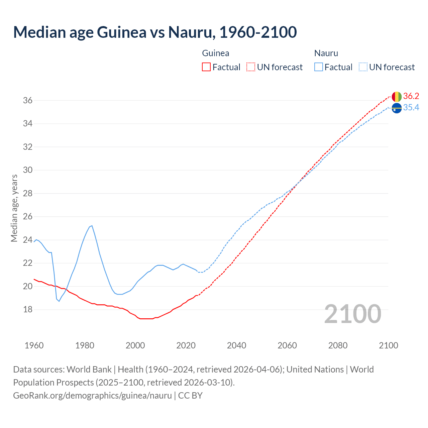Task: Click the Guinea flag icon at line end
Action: pyautogui.click(x=397, y=97)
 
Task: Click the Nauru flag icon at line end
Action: pyautogui.click(x=397, y=108)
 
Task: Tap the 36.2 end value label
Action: pyautogui.click(x=411, y=96)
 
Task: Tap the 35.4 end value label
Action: pyautogui.click(x=411, y=108)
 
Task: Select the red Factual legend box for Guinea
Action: pyautogui.click(x=206, y=67)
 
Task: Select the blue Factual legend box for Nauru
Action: pyautogui.click(x=318, y=67)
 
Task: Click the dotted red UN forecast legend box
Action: pyautogui.click(x=251, y=67)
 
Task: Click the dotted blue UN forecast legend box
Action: pyautogui.click(x=363, y=67)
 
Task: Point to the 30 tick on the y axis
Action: pyautogui.click(x=28, y=170)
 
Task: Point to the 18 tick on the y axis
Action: pyautogui.click(x=28, y=310)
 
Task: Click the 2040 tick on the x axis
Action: pyautogui.click(x=236, y=345)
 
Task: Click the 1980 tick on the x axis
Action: pyautogui.click(x=85, y=345)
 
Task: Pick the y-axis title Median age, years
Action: pyautogui.click(x=14, y=208)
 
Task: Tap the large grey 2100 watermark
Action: pyautogui.click(x=352, y=314)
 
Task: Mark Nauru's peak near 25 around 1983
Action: pyautogui.click(x=92, y=226)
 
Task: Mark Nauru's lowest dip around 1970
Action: pyautogui.click(x=59, y=301)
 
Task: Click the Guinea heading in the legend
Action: pyautogui.click(x=216, y=53)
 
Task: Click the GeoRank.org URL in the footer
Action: pyautogui.click(x=92, y=396)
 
